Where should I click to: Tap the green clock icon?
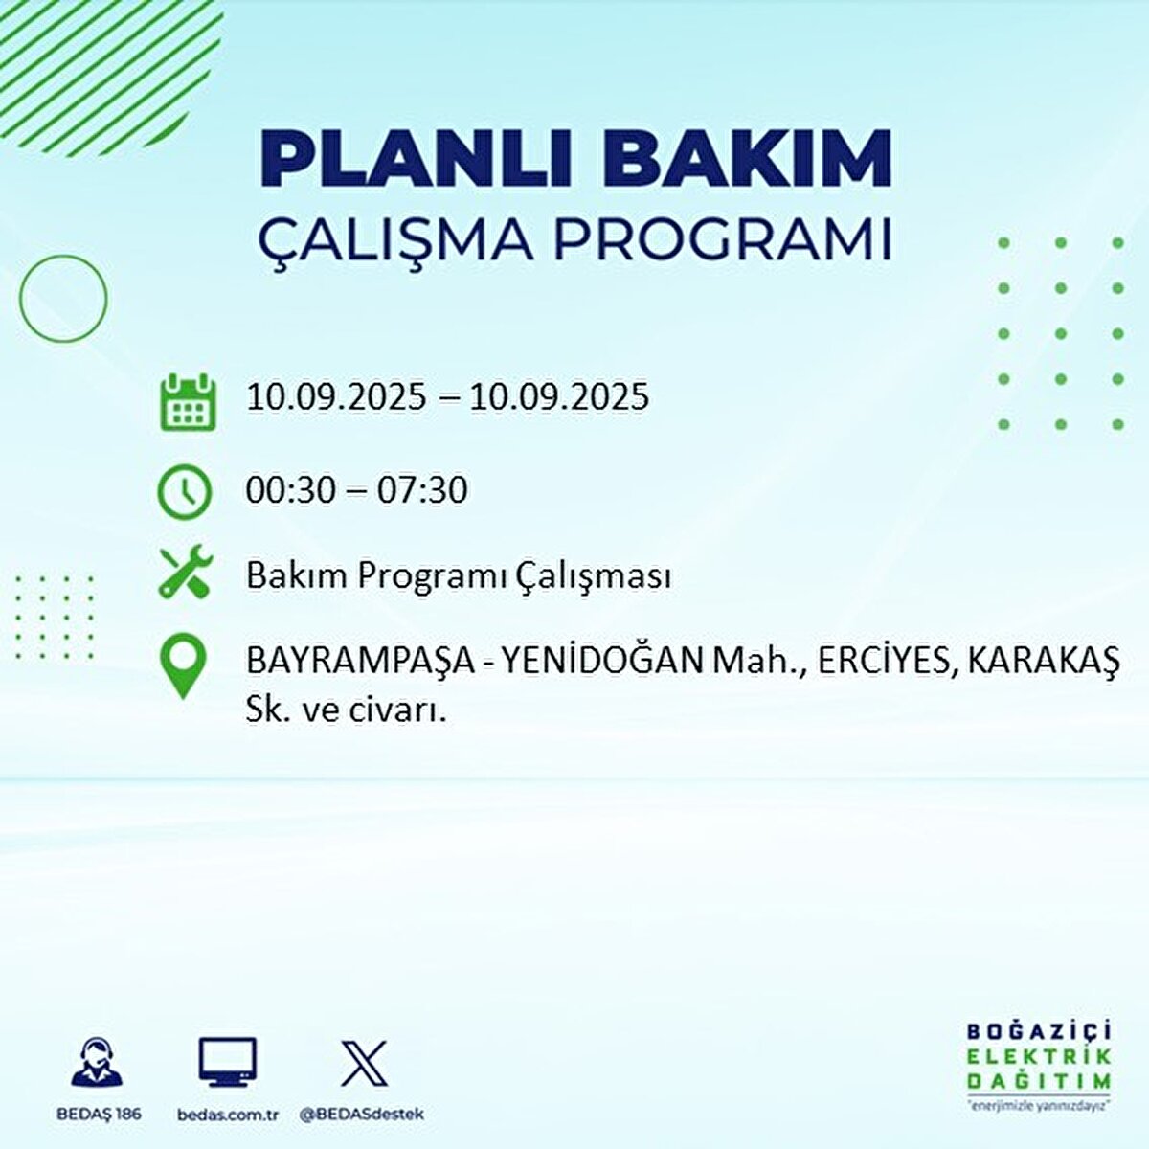click(x=184, y=492)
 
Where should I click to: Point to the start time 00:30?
click(x=290, y=491)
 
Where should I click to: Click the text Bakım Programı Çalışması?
click(x=458, y=576)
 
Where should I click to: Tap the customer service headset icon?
click(x=97, y=1063)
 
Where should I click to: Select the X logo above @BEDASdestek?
click(x=364, y=1063)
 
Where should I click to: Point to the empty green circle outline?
click(x=63, y=299)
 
